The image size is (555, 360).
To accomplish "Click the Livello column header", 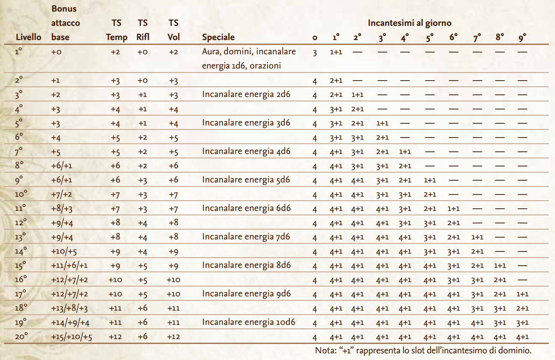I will pyautogui.click(x=28, y=37).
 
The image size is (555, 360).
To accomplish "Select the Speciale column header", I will pyautogui.click(x=218, y=37).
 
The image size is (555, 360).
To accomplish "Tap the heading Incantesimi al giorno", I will pyautogui.click(x=409, y=23).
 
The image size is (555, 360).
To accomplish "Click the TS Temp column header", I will pyautogui.click(x=117, y=30).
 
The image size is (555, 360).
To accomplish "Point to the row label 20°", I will pyautogui.click(x=21, y=337).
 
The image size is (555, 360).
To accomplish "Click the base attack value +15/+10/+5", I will pyautogui.click(x=72, y=337).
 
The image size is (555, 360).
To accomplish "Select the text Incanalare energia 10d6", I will pyautogui.click(x=249, y=322).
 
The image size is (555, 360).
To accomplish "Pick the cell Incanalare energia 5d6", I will pyautogui.click(x=246, y=180).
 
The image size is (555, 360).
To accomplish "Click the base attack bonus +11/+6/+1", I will pyautogui.click(x=69, y=265).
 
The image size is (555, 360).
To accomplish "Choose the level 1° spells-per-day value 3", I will pyautogui.click(x=315, y=53).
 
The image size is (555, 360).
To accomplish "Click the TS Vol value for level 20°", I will pyautogui.click(x=174, y=337).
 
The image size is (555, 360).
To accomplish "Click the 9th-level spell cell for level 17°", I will pyautogui.click(x=523, y=294).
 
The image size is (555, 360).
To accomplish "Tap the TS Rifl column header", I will pyautogui.click(x=143, y=30).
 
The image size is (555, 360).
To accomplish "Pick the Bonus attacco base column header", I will pyautogui.click(x=66, y=23).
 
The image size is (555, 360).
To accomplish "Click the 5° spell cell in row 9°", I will pyautogui.click(x=429, y=180).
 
